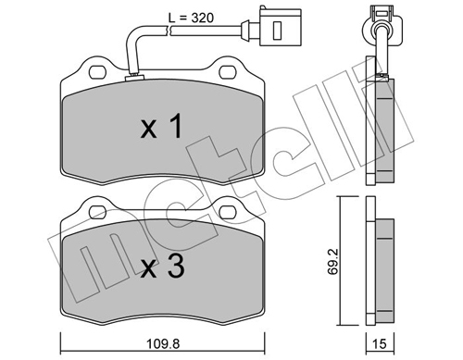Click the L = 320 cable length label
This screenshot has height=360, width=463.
(x=191, y=18)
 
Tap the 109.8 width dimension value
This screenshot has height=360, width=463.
(x=163, y=343)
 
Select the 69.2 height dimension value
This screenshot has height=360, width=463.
(x=333, y=261)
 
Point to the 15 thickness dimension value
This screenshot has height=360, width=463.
(x=380, y=343)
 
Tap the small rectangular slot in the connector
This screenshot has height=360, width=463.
(x=278, y=31)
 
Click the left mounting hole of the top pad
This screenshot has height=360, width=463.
(x=97, y=72)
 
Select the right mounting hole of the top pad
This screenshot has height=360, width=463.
(x=228, y=72)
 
